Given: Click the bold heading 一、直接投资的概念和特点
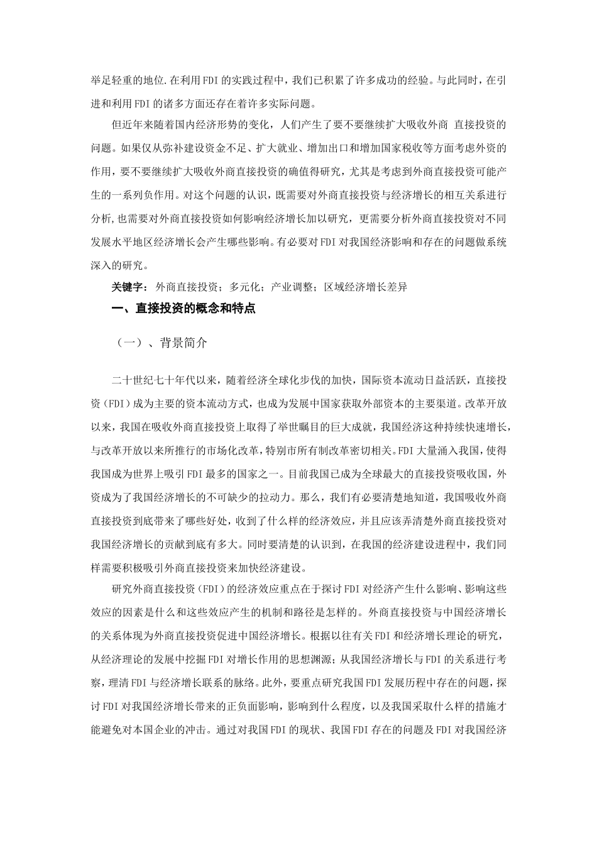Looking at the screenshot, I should pyautogui.click(x=183, y=309).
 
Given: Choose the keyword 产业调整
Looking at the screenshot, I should pyautogui.click(x=292, y=287).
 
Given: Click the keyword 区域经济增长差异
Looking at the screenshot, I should pyautogui.click(x=366, y=287).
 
